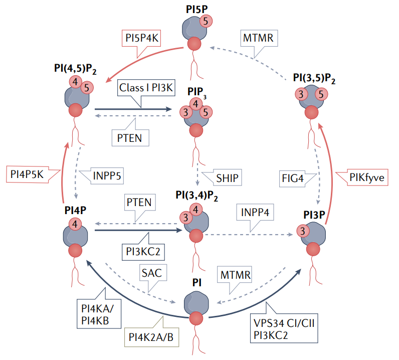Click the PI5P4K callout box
[141, 38]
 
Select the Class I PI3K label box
[146, 87]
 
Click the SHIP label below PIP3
[226, 176]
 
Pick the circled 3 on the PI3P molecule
[303, 231]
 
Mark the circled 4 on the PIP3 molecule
[196, 104]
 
